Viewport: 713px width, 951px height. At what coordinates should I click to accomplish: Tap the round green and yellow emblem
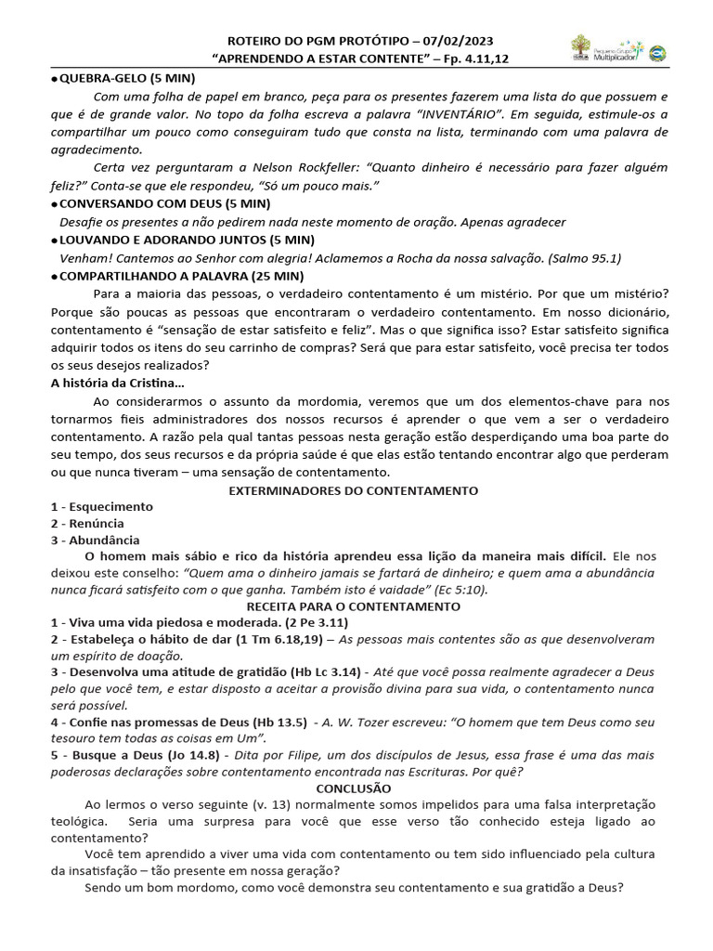coord(657,54)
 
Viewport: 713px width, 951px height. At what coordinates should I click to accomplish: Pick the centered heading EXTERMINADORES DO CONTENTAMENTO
coord(354,489)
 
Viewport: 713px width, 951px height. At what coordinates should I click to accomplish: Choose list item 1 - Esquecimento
coord(102,507)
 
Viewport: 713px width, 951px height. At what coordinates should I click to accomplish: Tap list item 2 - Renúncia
coord(88,524)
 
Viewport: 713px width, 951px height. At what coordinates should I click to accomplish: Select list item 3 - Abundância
coord(96,541)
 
